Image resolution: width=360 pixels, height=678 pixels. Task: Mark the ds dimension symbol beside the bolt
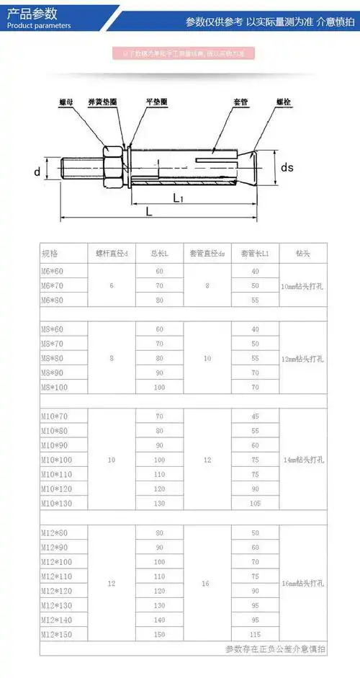287,167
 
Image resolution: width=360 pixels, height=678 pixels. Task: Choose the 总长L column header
159,254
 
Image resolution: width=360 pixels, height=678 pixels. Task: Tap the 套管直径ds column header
207,254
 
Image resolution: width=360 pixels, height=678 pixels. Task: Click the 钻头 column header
302,254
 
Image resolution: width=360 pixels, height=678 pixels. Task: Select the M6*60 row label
53,271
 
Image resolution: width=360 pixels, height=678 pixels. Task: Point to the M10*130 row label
58,503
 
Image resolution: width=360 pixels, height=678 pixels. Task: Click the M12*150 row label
58,634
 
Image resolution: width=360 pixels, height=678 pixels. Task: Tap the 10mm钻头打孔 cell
302,285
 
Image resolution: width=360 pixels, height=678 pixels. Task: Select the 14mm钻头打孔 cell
302,459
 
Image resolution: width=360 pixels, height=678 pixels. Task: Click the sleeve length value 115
255,634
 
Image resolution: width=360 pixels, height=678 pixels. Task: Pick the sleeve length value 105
255,503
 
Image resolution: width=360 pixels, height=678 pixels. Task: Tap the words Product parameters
39,25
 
